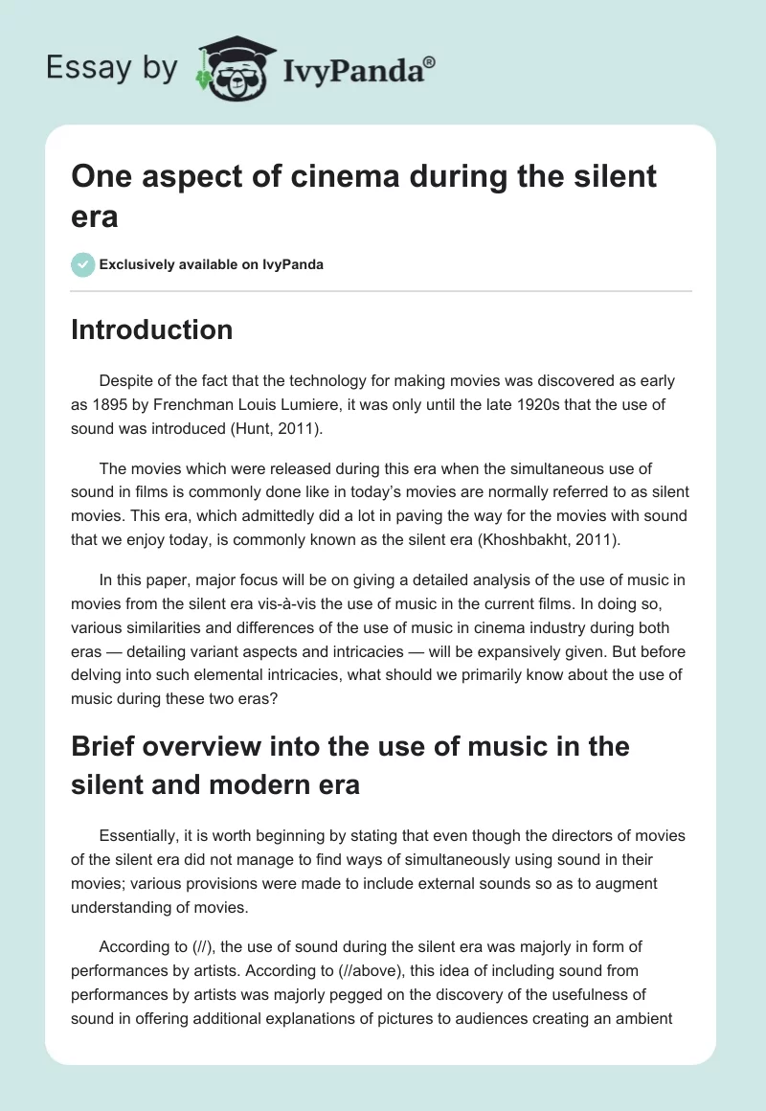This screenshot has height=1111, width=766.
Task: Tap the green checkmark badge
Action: coord(82,264)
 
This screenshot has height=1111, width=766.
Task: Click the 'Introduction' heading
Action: coord(151,329)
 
